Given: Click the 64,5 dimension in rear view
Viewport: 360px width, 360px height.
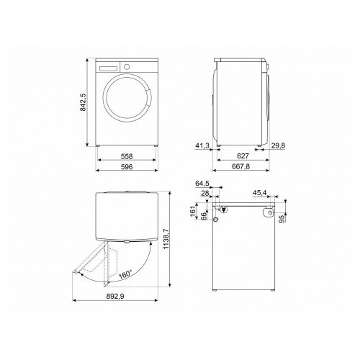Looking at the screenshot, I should (202, 184).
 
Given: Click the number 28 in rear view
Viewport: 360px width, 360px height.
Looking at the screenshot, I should (204, 192).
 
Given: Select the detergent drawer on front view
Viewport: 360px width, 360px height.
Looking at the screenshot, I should (109, 66).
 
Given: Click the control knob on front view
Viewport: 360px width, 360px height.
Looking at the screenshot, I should (127, 66).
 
